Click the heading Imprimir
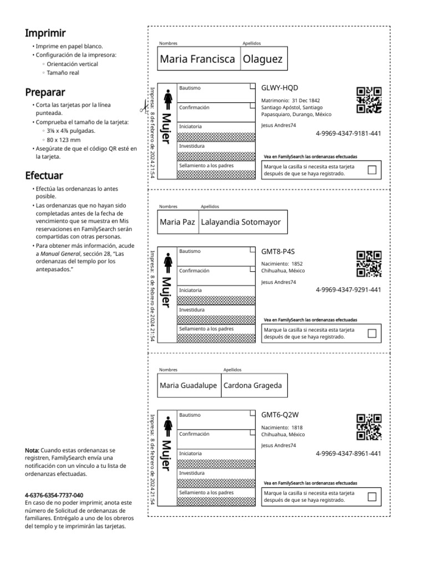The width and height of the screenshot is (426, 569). click(45, 33)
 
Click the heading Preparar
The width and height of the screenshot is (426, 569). click(45, 92)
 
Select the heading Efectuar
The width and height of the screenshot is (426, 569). click(44, 176)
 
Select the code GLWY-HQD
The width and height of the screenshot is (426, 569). click(280, 88)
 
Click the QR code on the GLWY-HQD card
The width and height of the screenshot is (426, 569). click(369, 100)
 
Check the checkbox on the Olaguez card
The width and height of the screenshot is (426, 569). click(372, 170)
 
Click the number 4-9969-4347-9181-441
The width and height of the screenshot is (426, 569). click(348, 133)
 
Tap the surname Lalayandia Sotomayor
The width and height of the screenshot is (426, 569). click(241, 222)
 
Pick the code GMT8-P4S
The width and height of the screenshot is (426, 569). click(278, 251)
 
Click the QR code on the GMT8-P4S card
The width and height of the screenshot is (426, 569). click(369, 263)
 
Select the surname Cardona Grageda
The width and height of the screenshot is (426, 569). click(252, 386)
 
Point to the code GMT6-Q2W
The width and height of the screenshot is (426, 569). click(280, 415)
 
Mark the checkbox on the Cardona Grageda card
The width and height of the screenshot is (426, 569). click(372, 496)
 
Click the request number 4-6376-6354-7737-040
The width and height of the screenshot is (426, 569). click(54, 495)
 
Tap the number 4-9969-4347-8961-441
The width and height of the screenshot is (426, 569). click(348, 454)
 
